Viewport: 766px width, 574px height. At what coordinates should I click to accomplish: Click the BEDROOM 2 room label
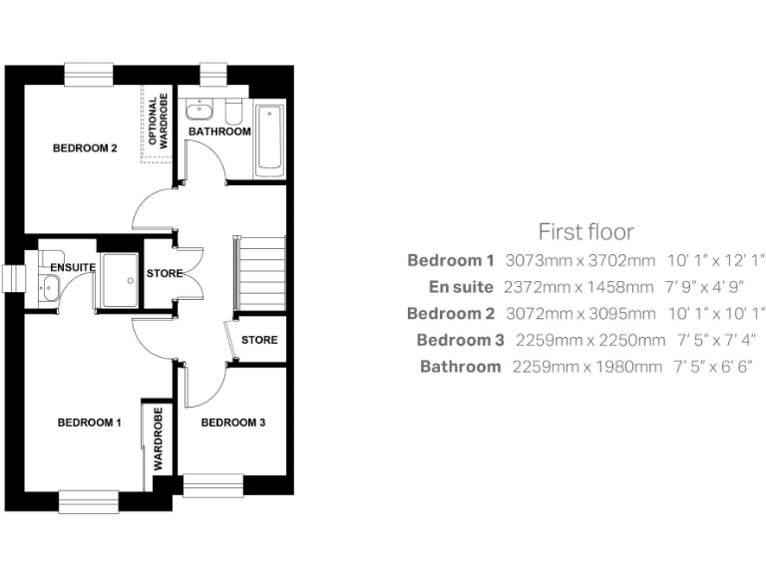(x=85, y=148)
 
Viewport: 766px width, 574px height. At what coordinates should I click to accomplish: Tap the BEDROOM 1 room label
(x=89, y=423)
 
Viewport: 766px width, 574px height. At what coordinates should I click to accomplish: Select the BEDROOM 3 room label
(x=232, y=423)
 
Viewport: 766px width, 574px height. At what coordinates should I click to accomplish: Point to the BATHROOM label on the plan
(x=219, y=132)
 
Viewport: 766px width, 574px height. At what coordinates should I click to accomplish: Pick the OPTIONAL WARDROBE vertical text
(x=159, y=123)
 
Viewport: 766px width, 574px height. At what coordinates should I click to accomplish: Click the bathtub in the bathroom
(x=269, y=140)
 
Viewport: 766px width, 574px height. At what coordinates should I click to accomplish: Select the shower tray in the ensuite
(x=121, y=279)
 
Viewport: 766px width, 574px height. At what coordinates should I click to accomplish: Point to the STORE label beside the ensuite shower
(x=165, y=273)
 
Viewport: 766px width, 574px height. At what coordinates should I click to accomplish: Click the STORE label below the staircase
(x=259, y=340)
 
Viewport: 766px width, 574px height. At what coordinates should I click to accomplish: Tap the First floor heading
(x=585, y=232)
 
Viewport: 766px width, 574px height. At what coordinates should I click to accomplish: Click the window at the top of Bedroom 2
(x=90, y=74)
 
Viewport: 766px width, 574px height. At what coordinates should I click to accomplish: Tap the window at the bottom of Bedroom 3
(x=213, y=485)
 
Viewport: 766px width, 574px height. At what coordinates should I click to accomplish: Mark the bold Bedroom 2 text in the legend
(x=451, y=314)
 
